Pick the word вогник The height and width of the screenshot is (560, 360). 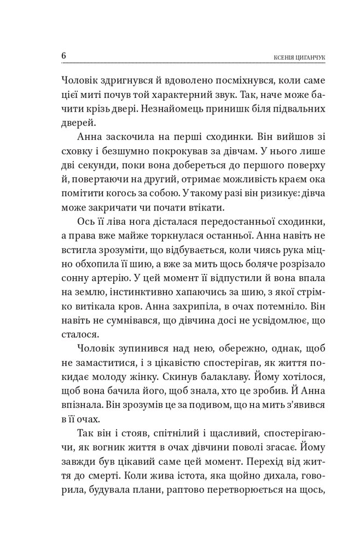point(111,451)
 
